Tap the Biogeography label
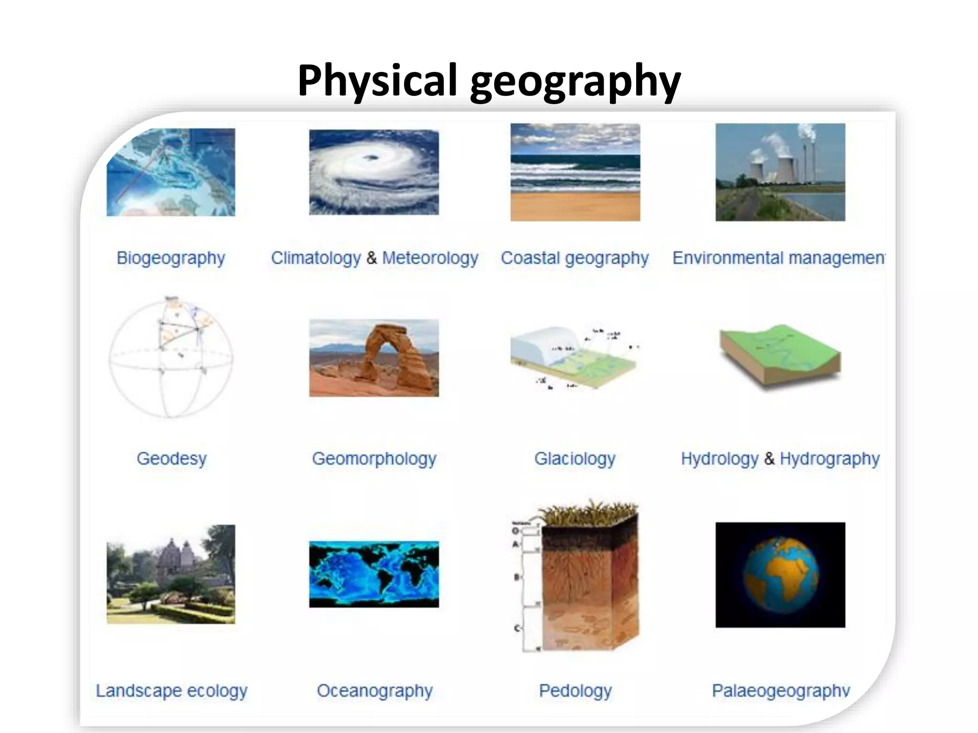point(171,258)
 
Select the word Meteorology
point(430,258)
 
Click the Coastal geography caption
point(574,258)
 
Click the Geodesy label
point(171,459)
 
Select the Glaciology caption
point(574,459)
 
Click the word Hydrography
point(829,459)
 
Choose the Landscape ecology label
point(171,691)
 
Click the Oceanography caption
point(374,691)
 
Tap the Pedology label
point(575,691)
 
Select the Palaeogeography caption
point(781,691)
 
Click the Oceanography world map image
point(374,574)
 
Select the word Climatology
point(316,258)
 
